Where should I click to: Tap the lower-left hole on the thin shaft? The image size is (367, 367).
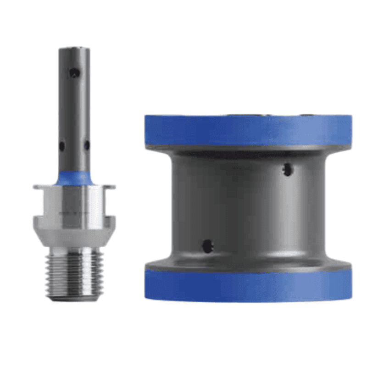61,146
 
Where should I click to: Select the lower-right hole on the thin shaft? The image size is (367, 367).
86,146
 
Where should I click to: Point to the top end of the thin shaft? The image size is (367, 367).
74,48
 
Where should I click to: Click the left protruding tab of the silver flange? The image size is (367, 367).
38,187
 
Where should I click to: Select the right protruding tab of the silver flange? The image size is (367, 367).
110,187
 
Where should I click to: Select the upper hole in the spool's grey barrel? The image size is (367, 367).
288,169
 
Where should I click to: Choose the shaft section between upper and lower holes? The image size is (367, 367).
74,110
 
